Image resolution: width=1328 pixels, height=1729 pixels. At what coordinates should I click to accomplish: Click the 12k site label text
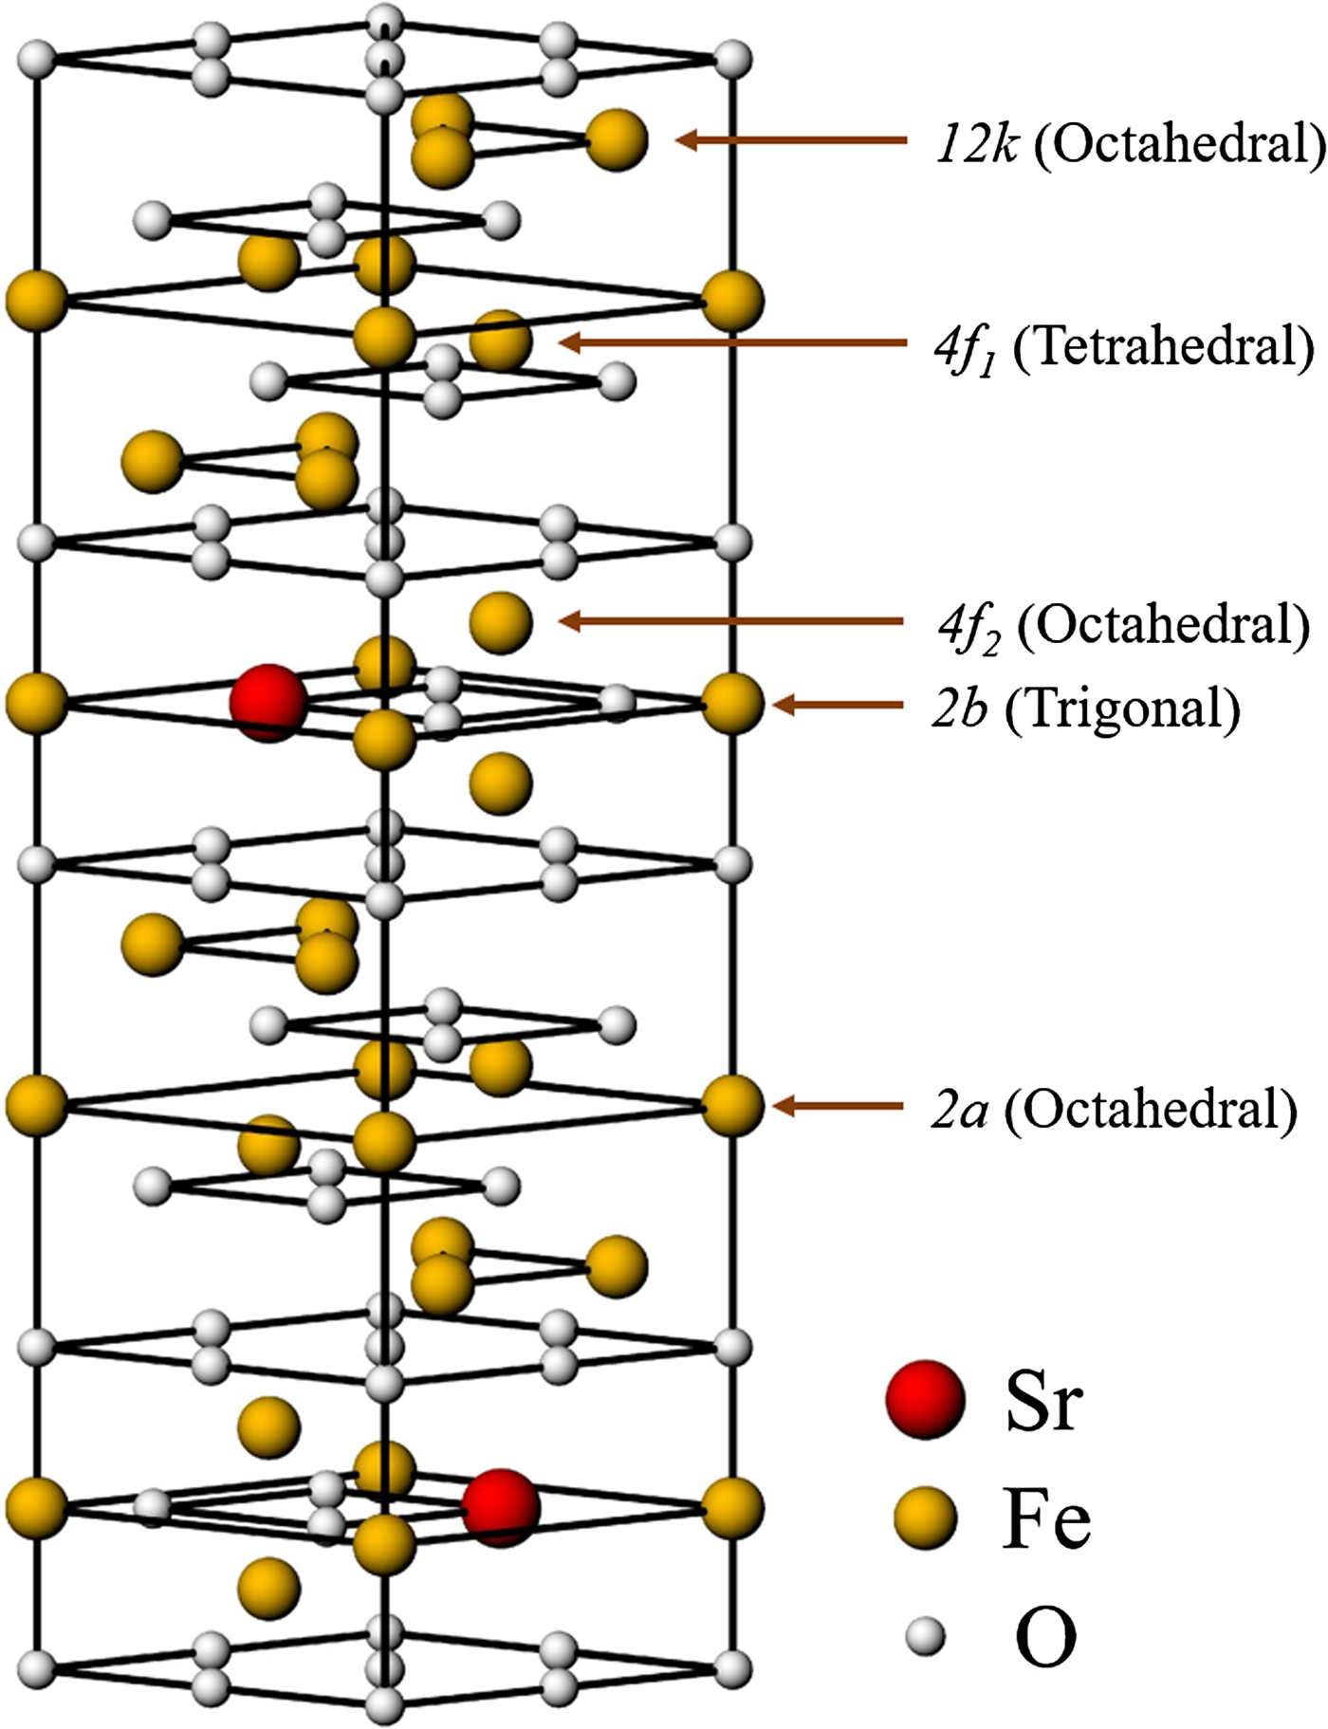click(x=977, y=144)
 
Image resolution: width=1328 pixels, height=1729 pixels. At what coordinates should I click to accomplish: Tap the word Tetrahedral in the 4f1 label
click(x=1165, y=347)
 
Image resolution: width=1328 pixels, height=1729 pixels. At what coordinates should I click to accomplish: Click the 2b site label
click(x=960, y=708)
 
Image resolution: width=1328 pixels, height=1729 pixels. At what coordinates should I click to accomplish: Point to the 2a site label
click(x=959, y=1109)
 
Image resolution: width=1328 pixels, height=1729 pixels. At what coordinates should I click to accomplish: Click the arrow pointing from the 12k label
click(x=792, y=140)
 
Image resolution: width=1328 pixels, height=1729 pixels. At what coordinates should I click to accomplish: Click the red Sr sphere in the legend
click(x=925, y=1400)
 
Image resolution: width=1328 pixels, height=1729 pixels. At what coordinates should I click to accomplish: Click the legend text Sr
click(x=1043, y=1402)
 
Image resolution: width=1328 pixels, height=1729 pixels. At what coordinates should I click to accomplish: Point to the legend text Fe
click(x=1046, y=1519)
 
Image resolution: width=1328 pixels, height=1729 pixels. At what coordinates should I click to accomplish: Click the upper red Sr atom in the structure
click(x=268, y=703)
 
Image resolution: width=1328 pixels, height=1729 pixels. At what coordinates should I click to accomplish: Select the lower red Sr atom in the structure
click(x=501, y=1508)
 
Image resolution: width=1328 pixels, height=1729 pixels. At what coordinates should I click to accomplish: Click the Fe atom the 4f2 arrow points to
click(x=501, y=623)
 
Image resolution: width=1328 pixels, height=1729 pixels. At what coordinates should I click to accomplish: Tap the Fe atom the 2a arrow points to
click(x=732, y=1106)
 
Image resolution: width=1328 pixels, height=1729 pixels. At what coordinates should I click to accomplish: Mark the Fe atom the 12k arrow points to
click(x=617, y=140)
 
